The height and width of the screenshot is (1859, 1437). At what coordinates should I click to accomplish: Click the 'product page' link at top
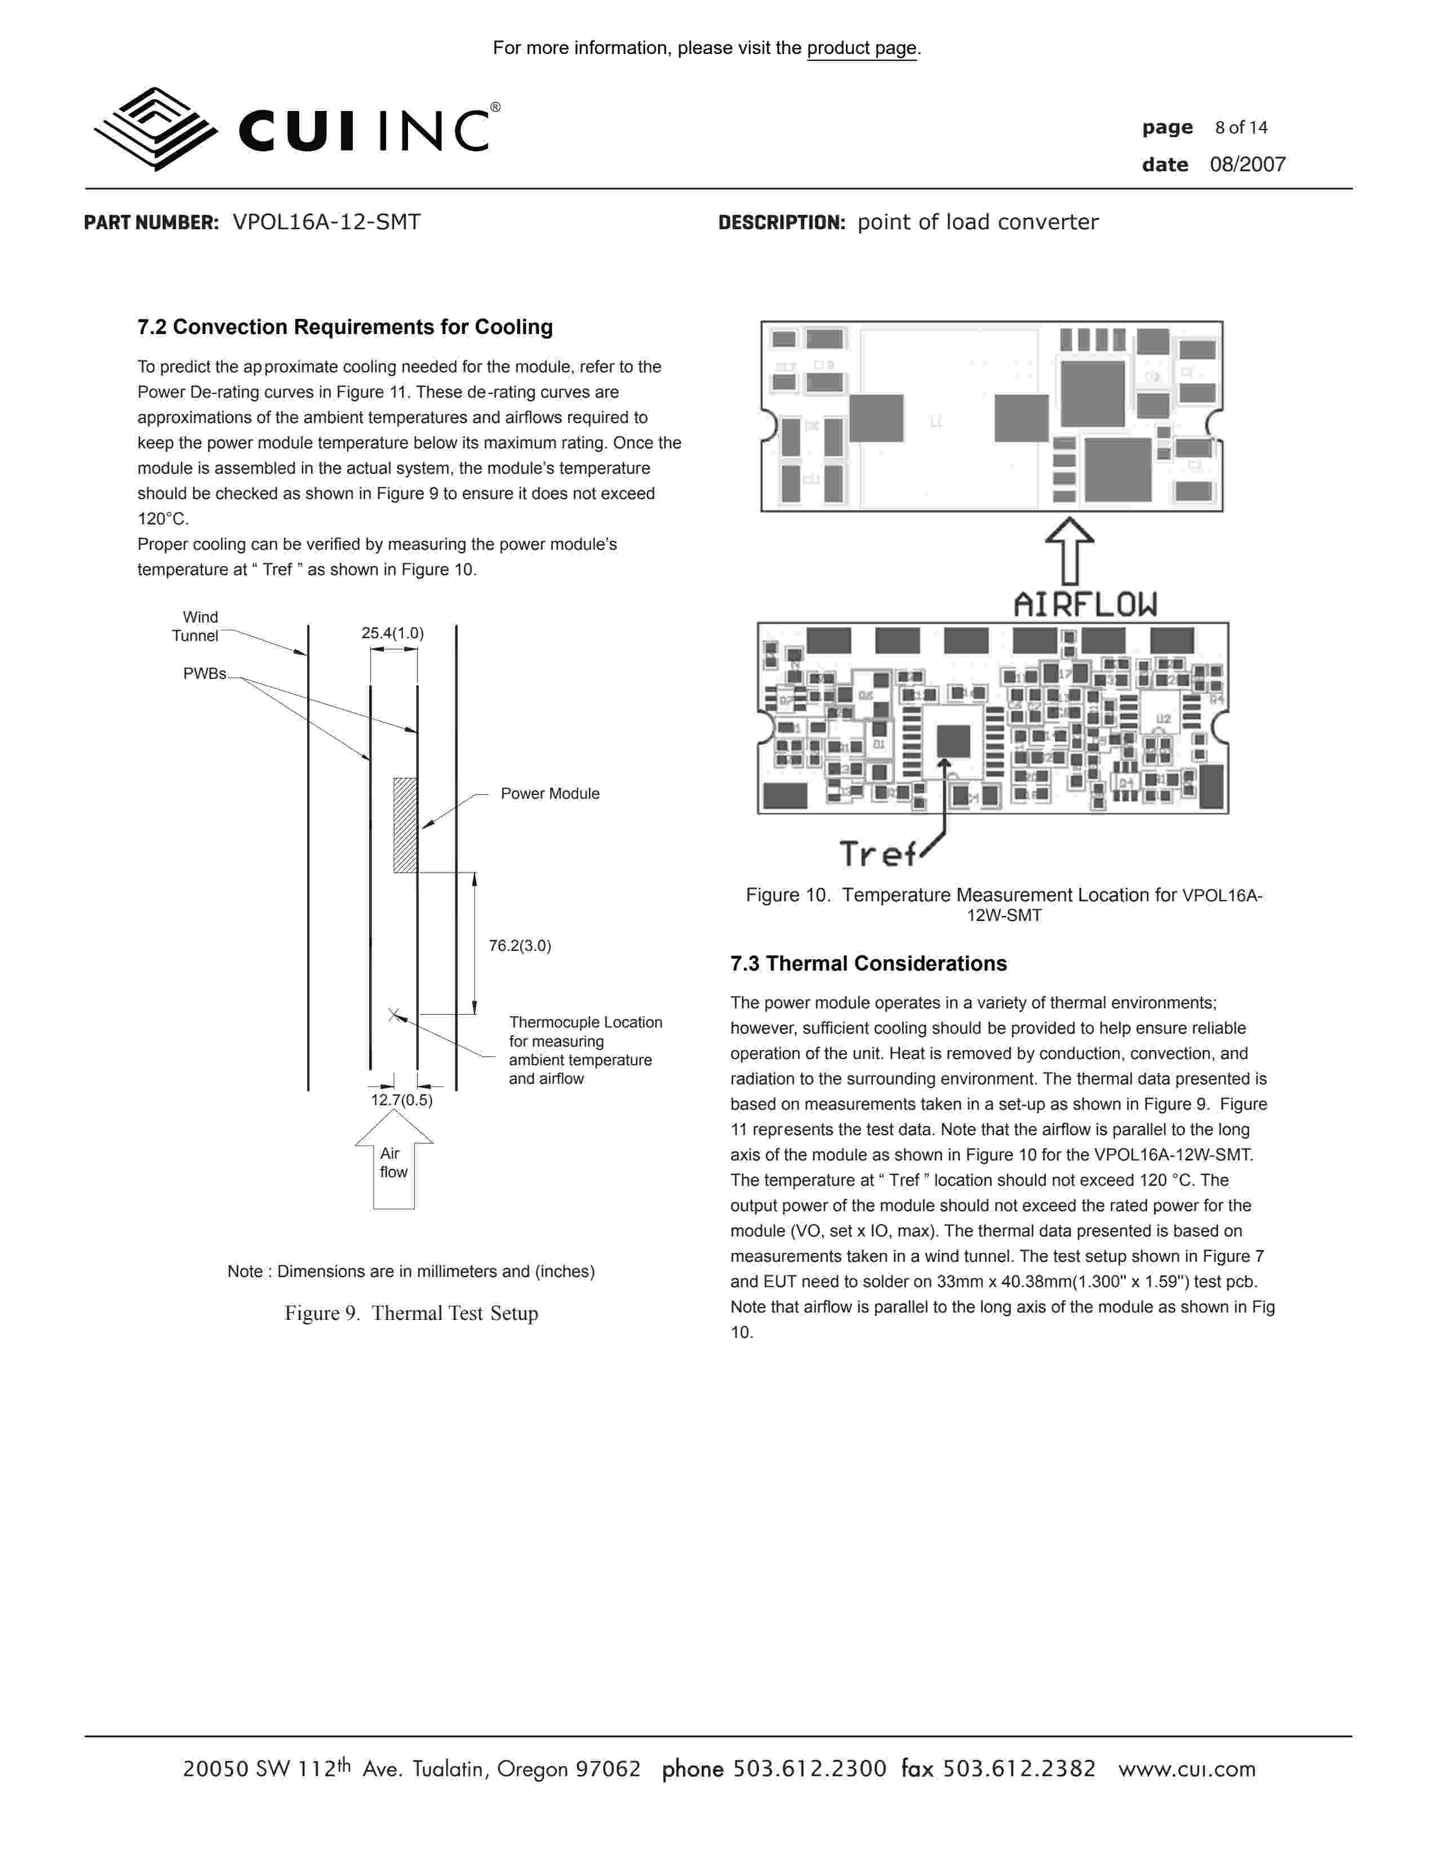click(862, 48)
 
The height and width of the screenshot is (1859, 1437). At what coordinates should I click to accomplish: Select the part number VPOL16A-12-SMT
click(327, 222)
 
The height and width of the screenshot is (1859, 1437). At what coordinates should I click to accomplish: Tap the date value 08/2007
click(1247, 164)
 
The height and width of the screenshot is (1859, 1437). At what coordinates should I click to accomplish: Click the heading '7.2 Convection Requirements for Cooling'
click(345, 327)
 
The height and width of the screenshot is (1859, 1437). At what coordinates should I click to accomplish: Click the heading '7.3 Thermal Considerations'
click(868, 963)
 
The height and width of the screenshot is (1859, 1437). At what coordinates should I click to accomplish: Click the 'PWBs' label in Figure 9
click(205, 673)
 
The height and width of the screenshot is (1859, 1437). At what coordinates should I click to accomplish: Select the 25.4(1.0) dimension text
click(392, 633)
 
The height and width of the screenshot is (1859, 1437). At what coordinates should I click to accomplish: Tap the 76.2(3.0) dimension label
click(520, 946)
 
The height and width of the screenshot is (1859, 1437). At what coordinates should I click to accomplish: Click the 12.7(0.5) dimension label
click(402, 1100)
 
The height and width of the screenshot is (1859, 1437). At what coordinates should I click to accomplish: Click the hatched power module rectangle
click(405, 825)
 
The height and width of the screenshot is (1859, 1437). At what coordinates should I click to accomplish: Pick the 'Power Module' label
click(550, 793)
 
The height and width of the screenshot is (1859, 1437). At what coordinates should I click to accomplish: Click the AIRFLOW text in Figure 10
click(1085, 604)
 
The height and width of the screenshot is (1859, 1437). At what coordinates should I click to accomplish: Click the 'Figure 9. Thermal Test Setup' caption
click(411, 1313)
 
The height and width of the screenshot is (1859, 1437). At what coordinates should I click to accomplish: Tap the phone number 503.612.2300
click(810, 1769)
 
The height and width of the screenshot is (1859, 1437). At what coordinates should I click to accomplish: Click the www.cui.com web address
click(1187, 1769)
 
